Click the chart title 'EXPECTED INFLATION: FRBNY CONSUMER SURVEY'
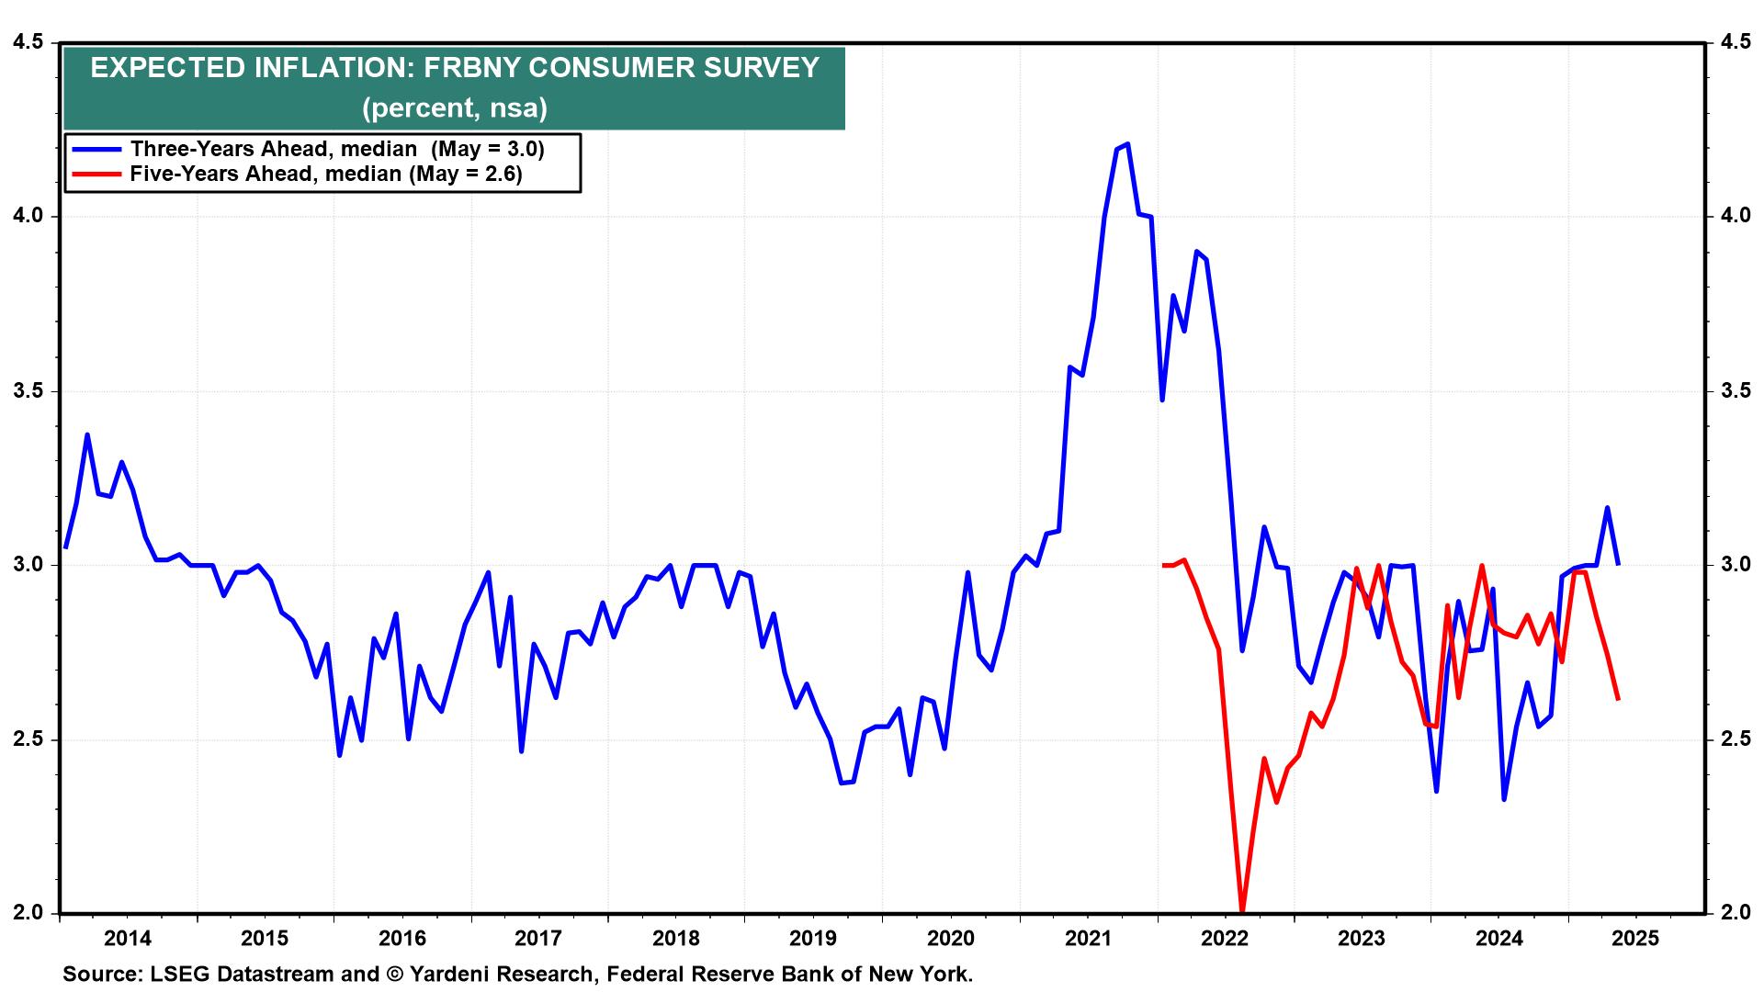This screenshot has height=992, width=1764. pyautogui.click(x=454, y=68)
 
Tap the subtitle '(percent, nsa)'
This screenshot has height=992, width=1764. pyautogui.click(x=454, y=108)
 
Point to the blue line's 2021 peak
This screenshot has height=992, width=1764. pyautogui.click(x=1127, y=143)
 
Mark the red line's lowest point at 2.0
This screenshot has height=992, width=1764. pyautogui.click(x=1242, y=910)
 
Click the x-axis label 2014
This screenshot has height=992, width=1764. pyautogui.click(x=128, y=938)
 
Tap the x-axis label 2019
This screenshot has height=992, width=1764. pyautogui.click(x=813, y=938)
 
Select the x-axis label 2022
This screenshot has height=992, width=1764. pyautogui.click(x=1225, y=938)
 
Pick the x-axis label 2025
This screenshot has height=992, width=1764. pyautogui.click(x=1636, y=938)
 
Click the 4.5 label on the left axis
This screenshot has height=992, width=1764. pyautogui.click(x=28, y=42)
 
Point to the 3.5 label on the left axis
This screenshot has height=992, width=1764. pyautogui.click(x=28, y=391)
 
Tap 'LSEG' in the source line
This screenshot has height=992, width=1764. pyautogui.click(x=171, y=974)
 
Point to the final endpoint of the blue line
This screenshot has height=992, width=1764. pyautogui.click(x=1618, y=564)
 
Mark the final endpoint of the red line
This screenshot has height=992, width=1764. pyautogui.click(x=1618, y=699)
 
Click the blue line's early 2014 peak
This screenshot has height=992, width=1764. pyautogui.click(x=87, y=434)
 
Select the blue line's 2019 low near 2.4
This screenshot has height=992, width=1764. pyautogui.click(x=842, y=783)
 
